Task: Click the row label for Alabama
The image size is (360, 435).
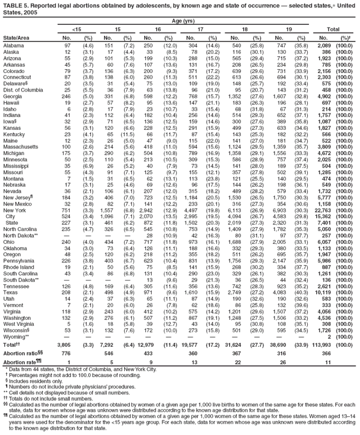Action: tap(13, 44)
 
